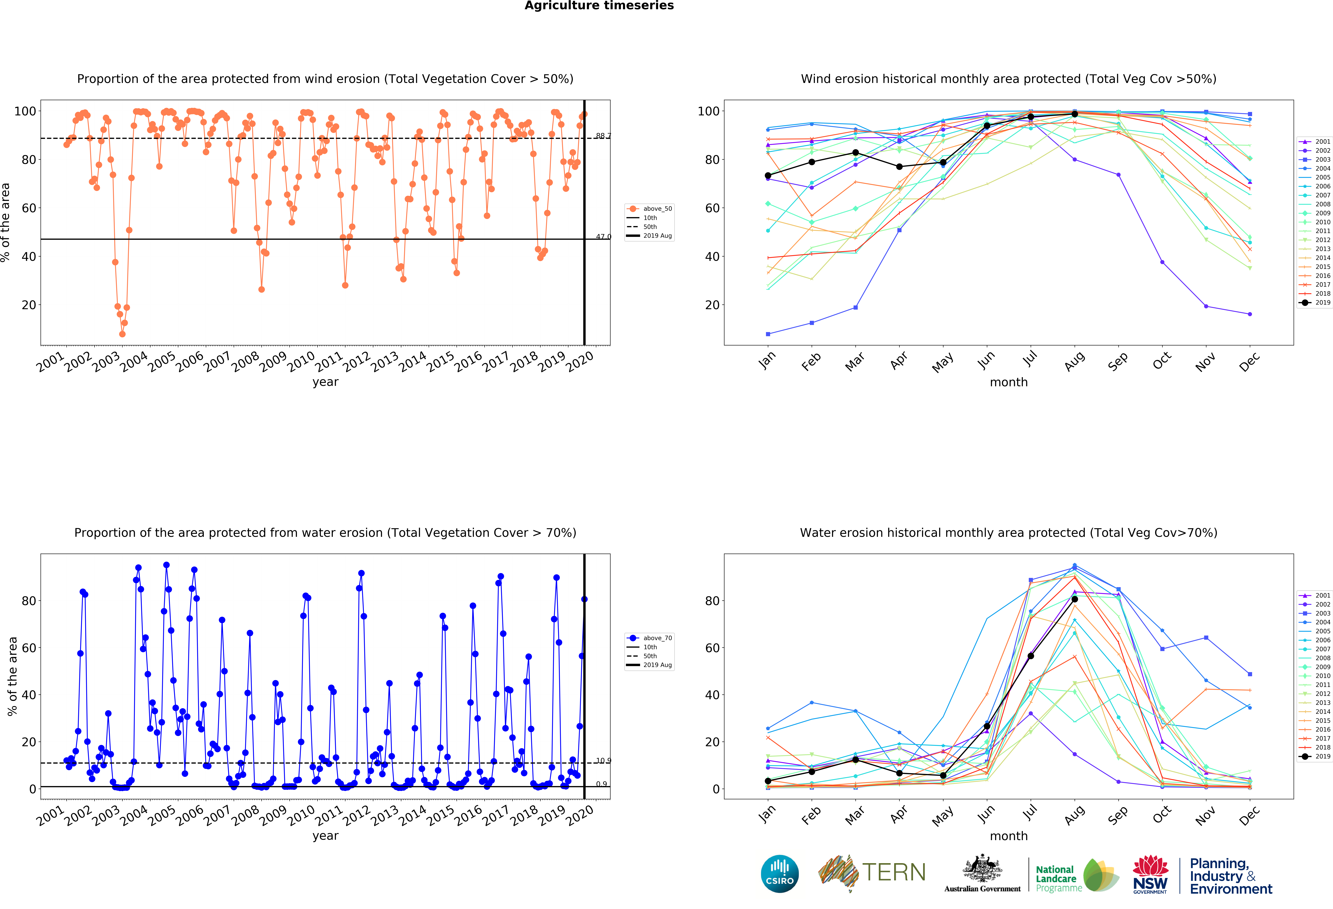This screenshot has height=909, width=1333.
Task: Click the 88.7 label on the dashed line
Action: [x=603, y=136]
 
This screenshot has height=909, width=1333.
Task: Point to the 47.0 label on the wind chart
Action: [x=603, y=236]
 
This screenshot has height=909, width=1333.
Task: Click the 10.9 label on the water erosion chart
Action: [x=603, y=761]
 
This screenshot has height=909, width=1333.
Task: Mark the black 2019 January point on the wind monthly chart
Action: [x=768, y=176]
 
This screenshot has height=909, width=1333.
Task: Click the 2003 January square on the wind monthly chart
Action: [x=768, y=334]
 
